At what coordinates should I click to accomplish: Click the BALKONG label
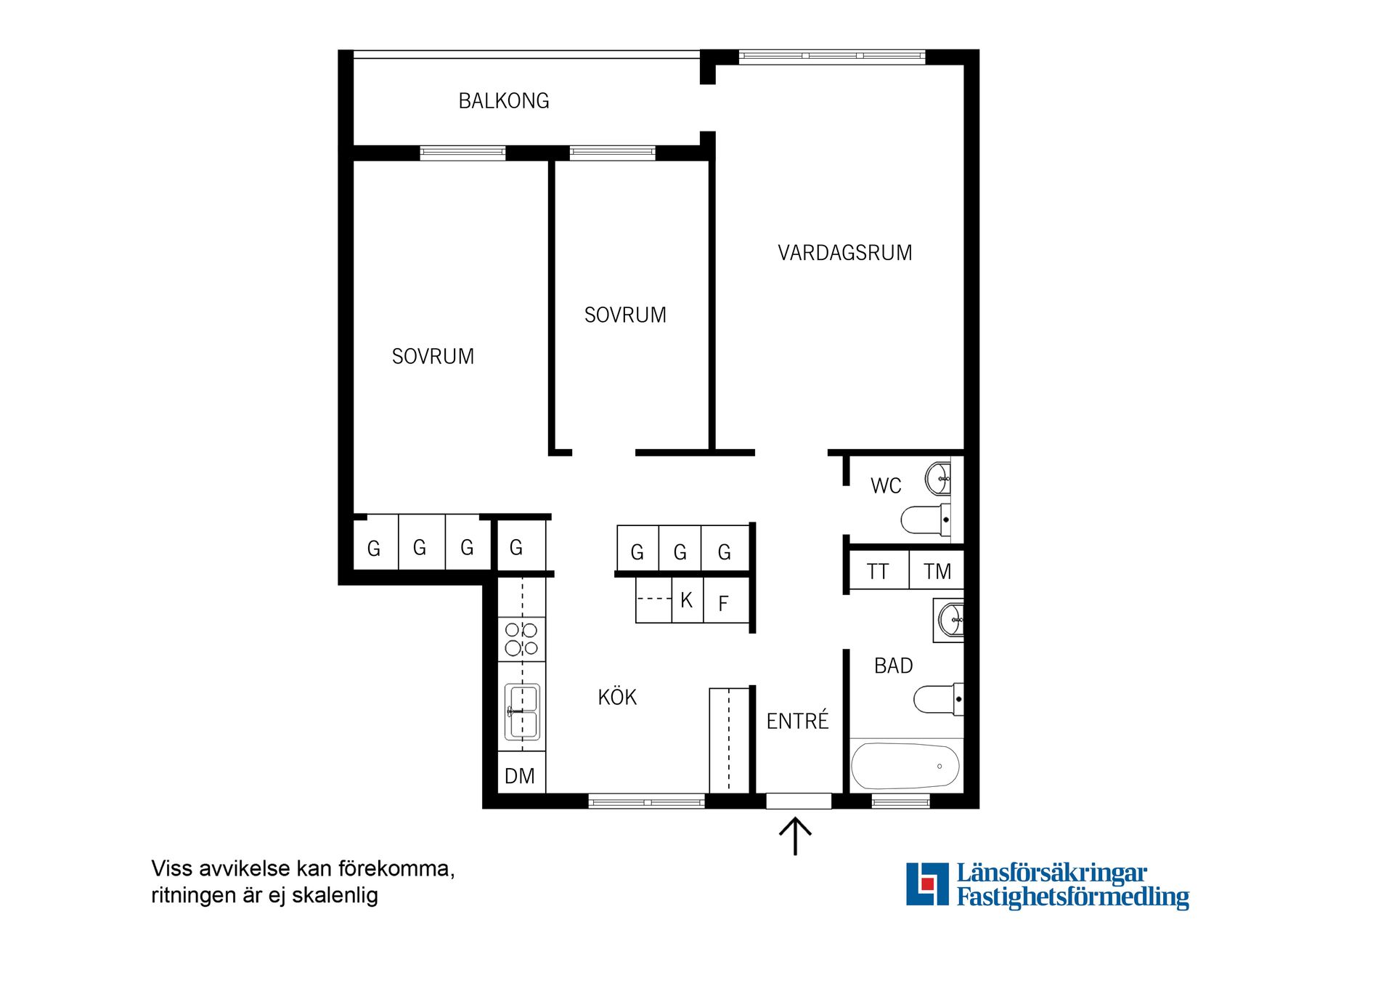click(x=504, y=101)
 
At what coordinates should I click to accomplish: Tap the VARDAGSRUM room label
click(x=845, y=253)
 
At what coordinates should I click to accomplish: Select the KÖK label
click(x=617, y=697)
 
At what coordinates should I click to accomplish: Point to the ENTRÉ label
click(x=797, y=720)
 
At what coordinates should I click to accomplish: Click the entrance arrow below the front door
click(x=796, y=836)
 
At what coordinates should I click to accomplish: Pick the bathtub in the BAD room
click(x=905, y=766)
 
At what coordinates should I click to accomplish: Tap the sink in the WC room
click(x=938, y=478)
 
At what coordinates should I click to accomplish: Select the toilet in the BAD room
click(x=938, y=699)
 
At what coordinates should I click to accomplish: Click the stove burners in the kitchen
click(x=521, y=639)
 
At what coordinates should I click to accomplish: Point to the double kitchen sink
click(x=522, y=711)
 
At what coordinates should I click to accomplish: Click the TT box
click(x=879, y=571)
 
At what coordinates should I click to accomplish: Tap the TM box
click(x=937, y=571)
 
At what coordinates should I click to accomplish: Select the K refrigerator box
click(x=687, y=600)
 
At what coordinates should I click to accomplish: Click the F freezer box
click(x=725, y=602)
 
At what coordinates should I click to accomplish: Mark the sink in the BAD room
click(x=950, y=620)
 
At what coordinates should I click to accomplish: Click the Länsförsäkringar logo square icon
click(x=927, y=884)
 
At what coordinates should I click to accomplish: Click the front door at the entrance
click(x=799, y=801)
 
